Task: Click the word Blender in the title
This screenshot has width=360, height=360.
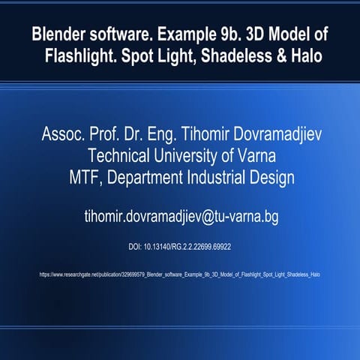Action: tap(59, 35)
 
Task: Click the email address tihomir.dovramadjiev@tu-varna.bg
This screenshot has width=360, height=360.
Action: tap(180, 217)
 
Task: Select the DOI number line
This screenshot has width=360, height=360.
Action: tap(180, 246)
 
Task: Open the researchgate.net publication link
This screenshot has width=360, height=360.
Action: tap(180, 274)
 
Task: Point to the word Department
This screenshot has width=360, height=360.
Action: tap(147, 178)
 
